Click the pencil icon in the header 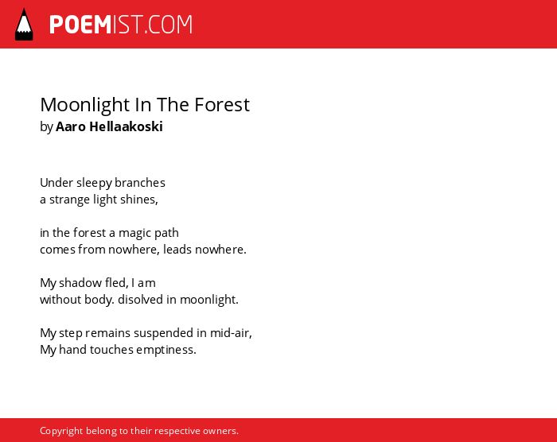point(24,25)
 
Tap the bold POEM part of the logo point(80,25)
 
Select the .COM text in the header point(168,25)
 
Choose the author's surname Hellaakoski point(126,126)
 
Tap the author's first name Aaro point(71,127)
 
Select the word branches point(140,183)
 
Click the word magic point(135,234)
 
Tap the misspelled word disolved point(140,299)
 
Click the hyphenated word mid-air point(231,332)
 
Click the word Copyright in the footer point(61,431)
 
